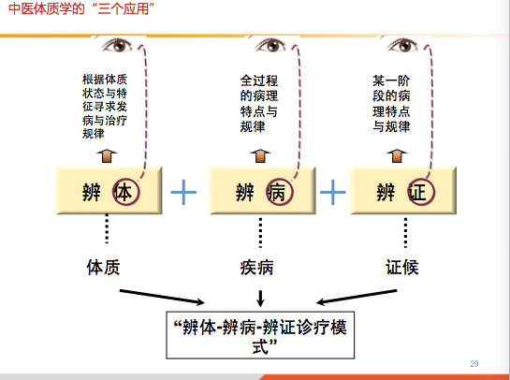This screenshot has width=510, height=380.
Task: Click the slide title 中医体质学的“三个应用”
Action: [x=81, y=8]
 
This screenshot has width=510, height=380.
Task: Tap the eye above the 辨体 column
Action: [x=118, y=45]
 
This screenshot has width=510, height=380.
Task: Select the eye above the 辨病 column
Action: [x=271, y=45]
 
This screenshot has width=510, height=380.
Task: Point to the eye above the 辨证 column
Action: [x=403, y=45]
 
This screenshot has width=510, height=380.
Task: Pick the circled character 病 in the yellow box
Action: [x=280, y=192]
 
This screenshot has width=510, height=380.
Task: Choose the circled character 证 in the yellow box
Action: [x=421, y=192]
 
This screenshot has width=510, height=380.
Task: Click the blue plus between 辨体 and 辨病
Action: [x=183, y=192]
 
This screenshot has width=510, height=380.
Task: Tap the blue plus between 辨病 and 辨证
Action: [x=333, y=192]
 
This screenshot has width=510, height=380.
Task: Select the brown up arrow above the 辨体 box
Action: [x=107, y=156]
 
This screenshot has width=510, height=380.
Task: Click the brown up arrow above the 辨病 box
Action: [x=260, y=156]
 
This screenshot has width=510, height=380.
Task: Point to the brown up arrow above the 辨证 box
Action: [x=397, y=156]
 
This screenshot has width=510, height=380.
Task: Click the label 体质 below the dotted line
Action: [x=104, y=268]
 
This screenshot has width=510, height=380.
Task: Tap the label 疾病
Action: [x=257, y=268]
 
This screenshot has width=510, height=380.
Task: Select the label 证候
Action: [x=402, y=268]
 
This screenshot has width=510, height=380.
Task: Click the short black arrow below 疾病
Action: [x=260, y=299]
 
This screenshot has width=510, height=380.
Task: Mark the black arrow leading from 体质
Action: [x=162, y=297]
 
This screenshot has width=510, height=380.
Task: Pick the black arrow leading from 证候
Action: [x=357, y=297]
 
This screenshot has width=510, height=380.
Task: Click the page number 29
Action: [x=474, y=364]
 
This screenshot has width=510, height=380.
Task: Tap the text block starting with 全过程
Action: [x=259, y=104]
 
